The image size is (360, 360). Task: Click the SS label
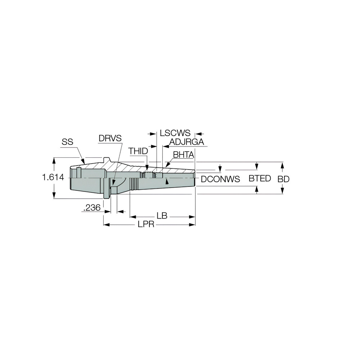67,142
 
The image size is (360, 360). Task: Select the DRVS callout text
110,138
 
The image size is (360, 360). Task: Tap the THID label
138,151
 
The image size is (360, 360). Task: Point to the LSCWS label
175,133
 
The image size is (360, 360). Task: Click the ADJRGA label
186,142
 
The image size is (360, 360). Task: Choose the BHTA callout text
184,155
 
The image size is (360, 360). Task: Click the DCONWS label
220,179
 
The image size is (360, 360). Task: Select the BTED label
260,178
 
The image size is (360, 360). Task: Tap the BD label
284,179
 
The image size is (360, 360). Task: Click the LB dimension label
162,216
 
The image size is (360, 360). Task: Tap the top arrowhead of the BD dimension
283,164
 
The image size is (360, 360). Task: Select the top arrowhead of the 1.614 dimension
54,159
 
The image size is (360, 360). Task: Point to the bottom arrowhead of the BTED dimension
257,188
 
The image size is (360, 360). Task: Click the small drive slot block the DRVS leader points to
113,189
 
